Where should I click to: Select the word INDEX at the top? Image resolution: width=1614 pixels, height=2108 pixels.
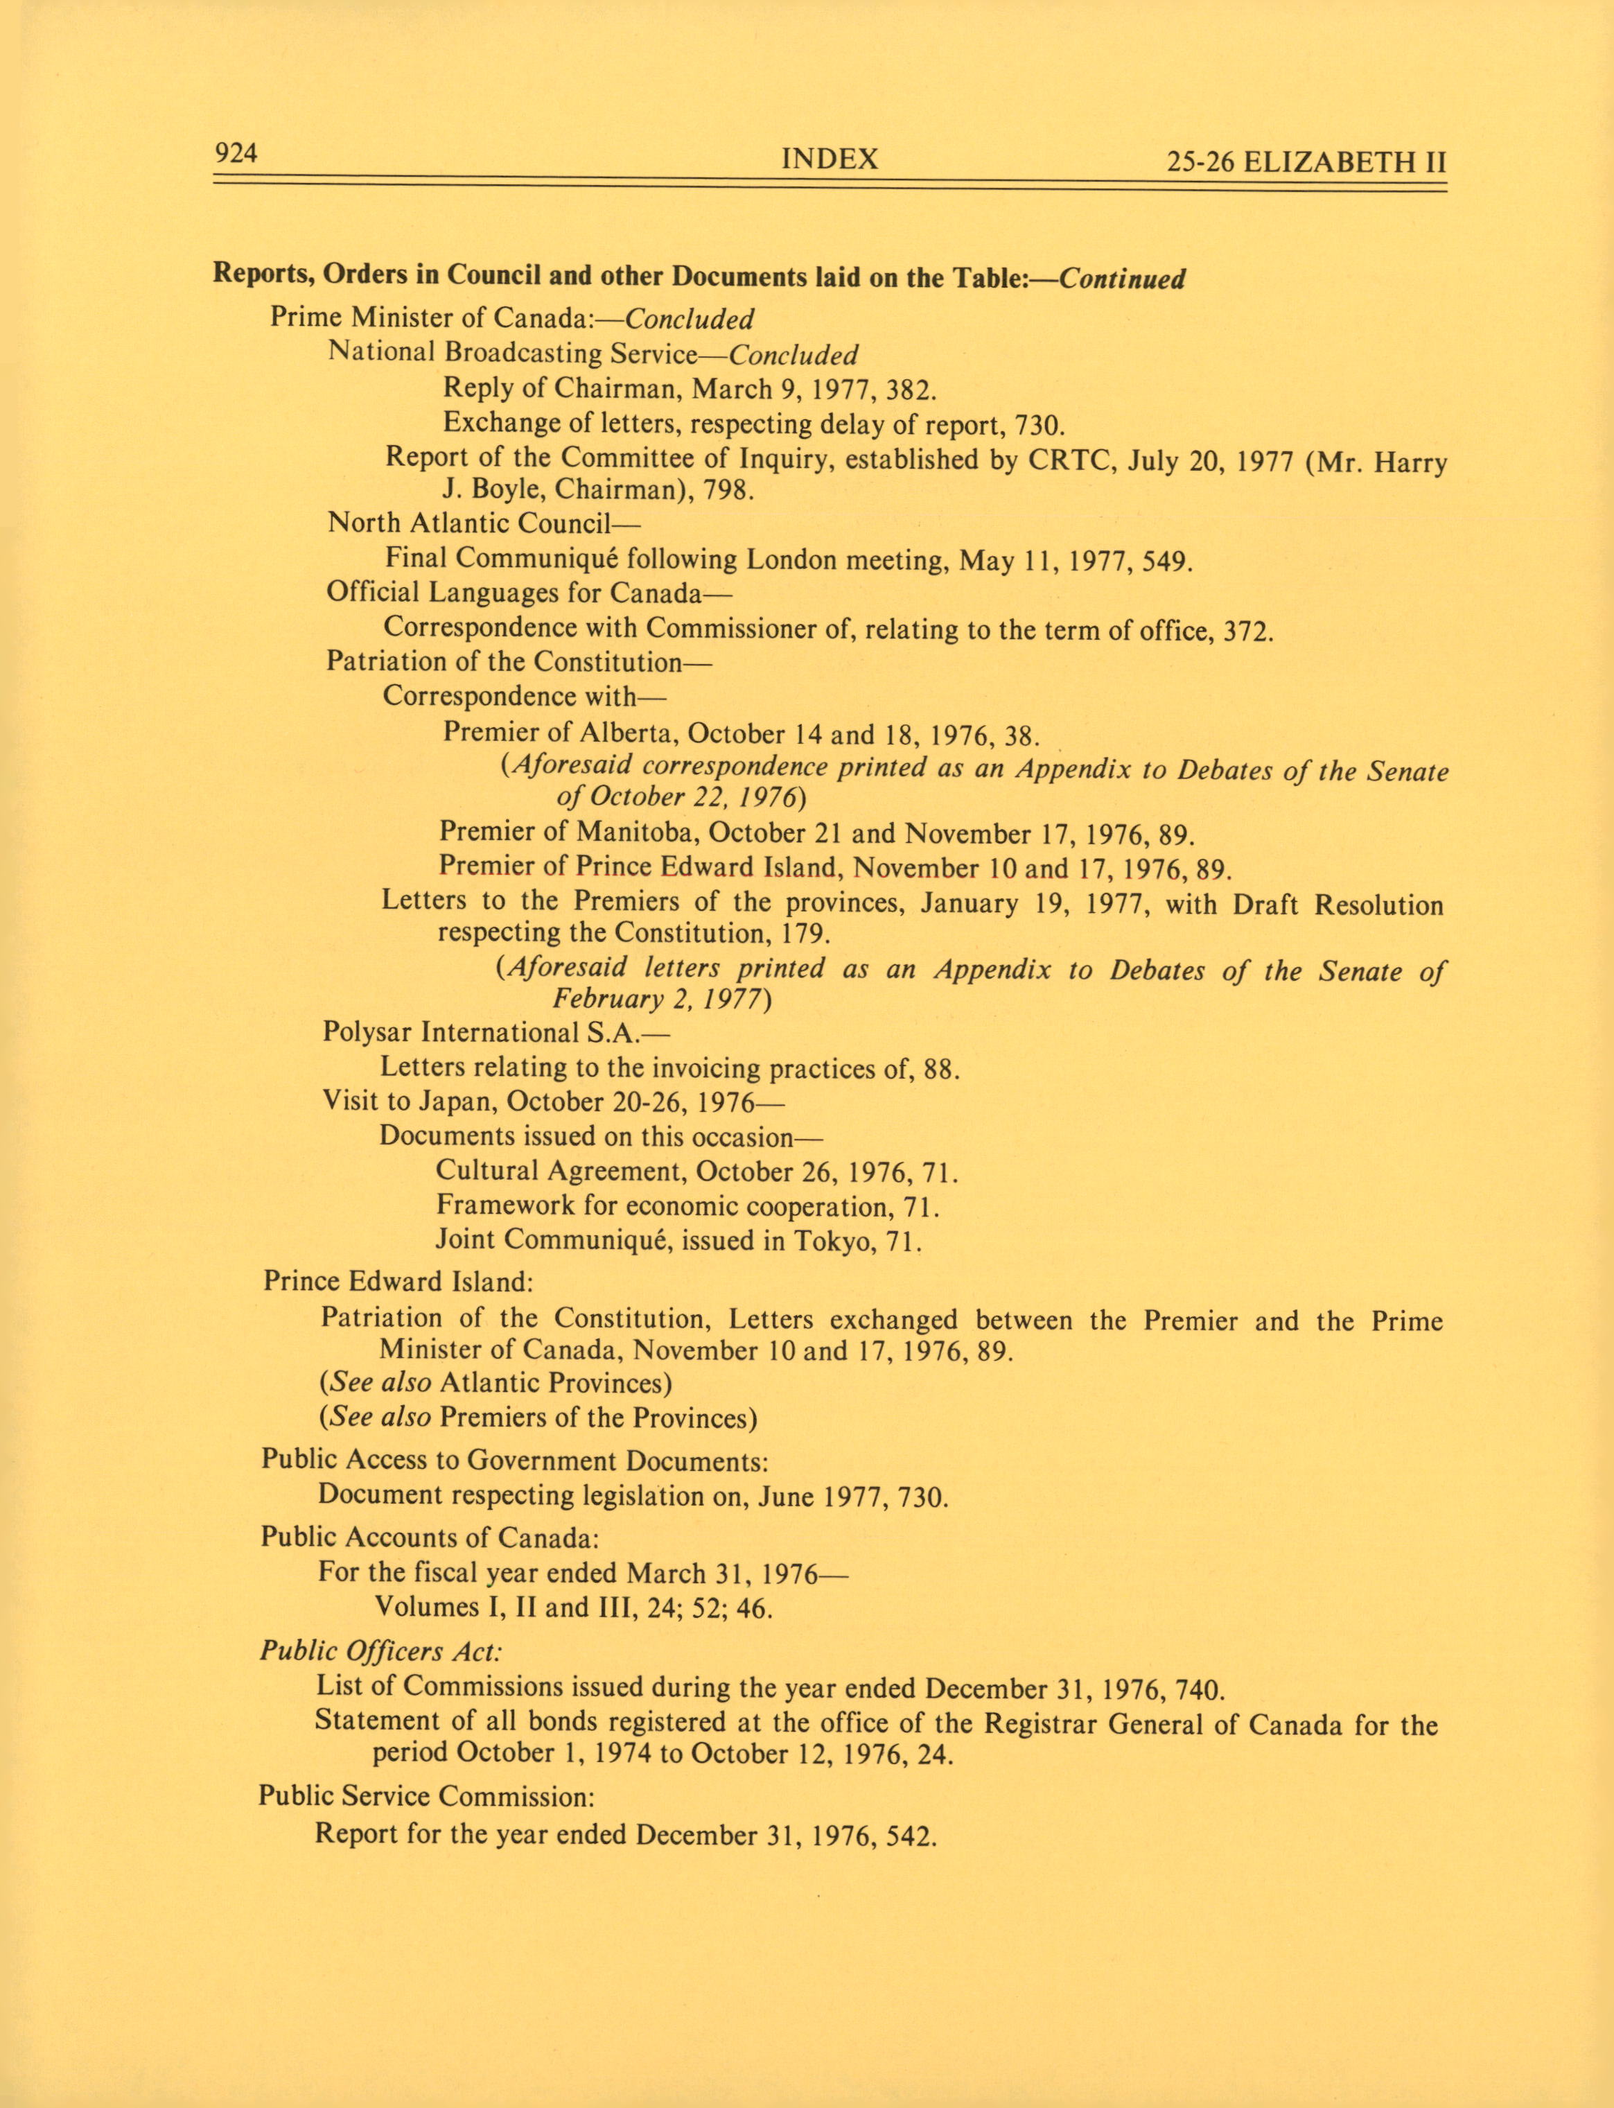(x=830, y=159)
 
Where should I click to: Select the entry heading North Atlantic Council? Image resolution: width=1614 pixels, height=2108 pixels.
(x=482, y=523)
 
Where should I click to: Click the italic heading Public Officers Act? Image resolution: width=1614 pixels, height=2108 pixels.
(x=380, y=1652)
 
